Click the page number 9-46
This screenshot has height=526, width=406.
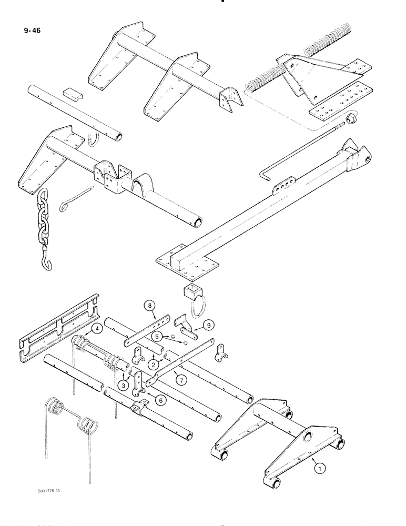point(32,30)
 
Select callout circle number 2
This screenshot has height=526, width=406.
point(153,362)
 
